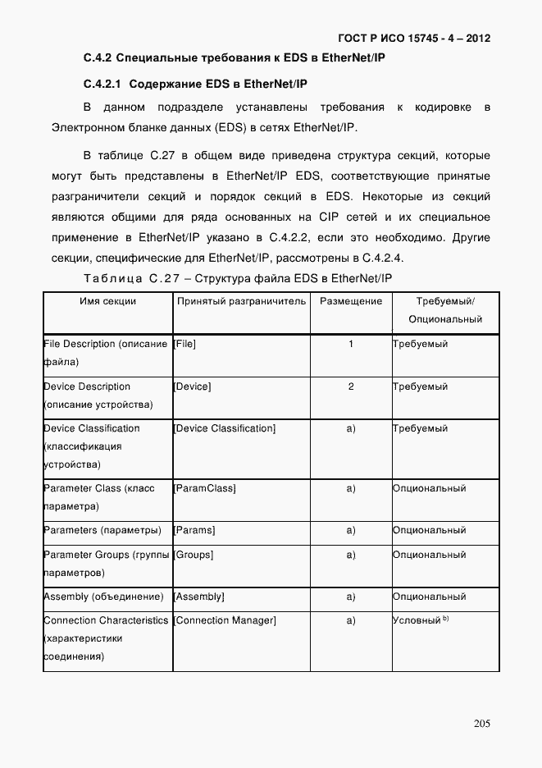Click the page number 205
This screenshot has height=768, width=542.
(x=481, y=723)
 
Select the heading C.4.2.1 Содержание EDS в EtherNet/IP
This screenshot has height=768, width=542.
(x=195, y=85)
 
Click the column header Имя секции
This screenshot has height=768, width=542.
(x=107, y=301)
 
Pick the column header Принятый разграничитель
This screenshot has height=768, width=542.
(x=241, y=301)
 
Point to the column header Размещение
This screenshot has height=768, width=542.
(x=350, y=301)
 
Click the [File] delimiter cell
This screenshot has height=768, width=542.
(x=184, y=344)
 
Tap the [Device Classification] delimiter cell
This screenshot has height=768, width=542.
(x=225, y=428)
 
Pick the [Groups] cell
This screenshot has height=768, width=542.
(x=194, y=555)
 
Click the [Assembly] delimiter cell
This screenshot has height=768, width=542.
(x=199, y=597)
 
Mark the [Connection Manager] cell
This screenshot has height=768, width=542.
(x=225, y=620)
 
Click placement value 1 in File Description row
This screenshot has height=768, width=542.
(x=351, y=344)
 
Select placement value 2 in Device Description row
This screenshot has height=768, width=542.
(x=351, y=386)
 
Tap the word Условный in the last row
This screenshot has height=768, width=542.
(x=417, y=621)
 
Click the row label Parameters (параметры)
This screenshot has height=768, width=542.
(x=102, y=530)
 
